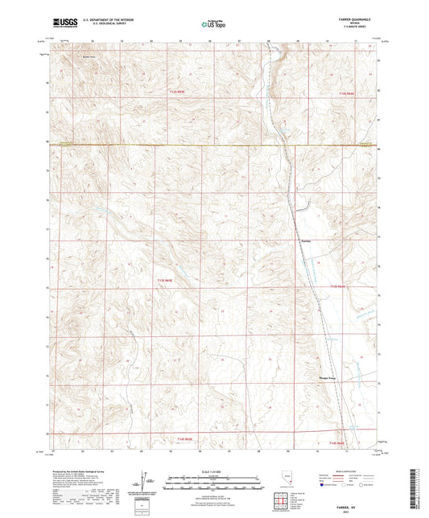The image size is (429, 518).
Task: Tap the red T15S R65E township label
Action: pos(184,438)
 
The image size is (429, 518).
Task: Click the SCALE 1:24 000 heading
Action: pos(214,471)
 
